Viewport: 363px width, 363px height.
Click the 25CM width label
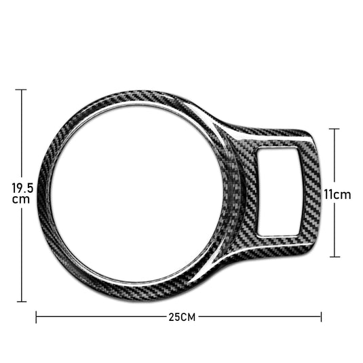tap(178, 317)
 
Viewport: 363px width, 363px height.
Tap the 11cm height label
tap(337, 195)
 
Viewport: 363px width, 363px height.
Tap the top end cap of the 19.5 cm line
tap(20, 89)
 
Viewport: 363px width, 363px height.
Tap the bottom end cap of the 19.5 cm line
tap(20, 301)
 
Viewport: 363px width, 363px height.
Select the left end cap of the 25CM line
tap(36, 317)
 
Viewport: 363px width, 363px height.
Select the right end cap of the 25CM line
tap(322, 317)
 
